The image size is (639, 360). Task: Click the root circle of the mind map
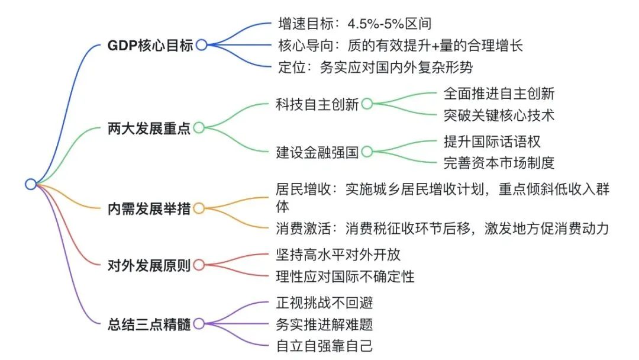coord(31,184)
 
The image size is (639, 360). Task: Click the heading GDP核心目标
coord(151,46)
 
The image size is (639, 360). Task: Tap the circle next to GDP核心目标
coord(202,45)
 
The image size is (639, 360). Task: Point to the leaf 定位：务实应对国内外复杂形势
coord(375,67)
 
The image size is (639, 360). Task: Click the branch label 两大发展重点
coord(149,128)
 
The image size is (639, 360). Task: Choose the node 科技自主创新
coord(317,105)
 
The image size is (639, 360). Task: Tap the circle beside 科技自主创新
coord(367,104)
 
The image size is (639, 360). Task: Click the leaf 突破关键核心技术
coord(499,114)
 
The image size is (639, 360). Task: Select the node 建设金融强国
coord(317,152)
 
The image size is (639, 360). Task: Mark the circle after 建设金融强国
coord(367,152)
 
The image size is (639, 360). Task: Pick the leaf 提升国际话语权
coord(492,142)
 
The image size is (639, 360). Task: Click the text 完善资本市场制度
coord(499,162)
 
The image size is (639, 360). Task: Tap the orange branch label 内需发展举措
coord(149,208)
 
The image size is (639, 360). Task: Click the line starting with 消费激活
coord(443,227)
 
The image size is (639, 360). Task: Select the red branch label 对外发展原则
coord(149,265)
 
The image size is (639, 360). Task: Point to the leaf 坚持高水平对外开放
coord(338,255)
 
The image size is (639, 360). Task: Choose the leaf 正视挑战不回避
coord(324,303)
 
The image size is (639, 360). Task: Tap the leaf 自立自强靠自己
coord(324,345)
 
